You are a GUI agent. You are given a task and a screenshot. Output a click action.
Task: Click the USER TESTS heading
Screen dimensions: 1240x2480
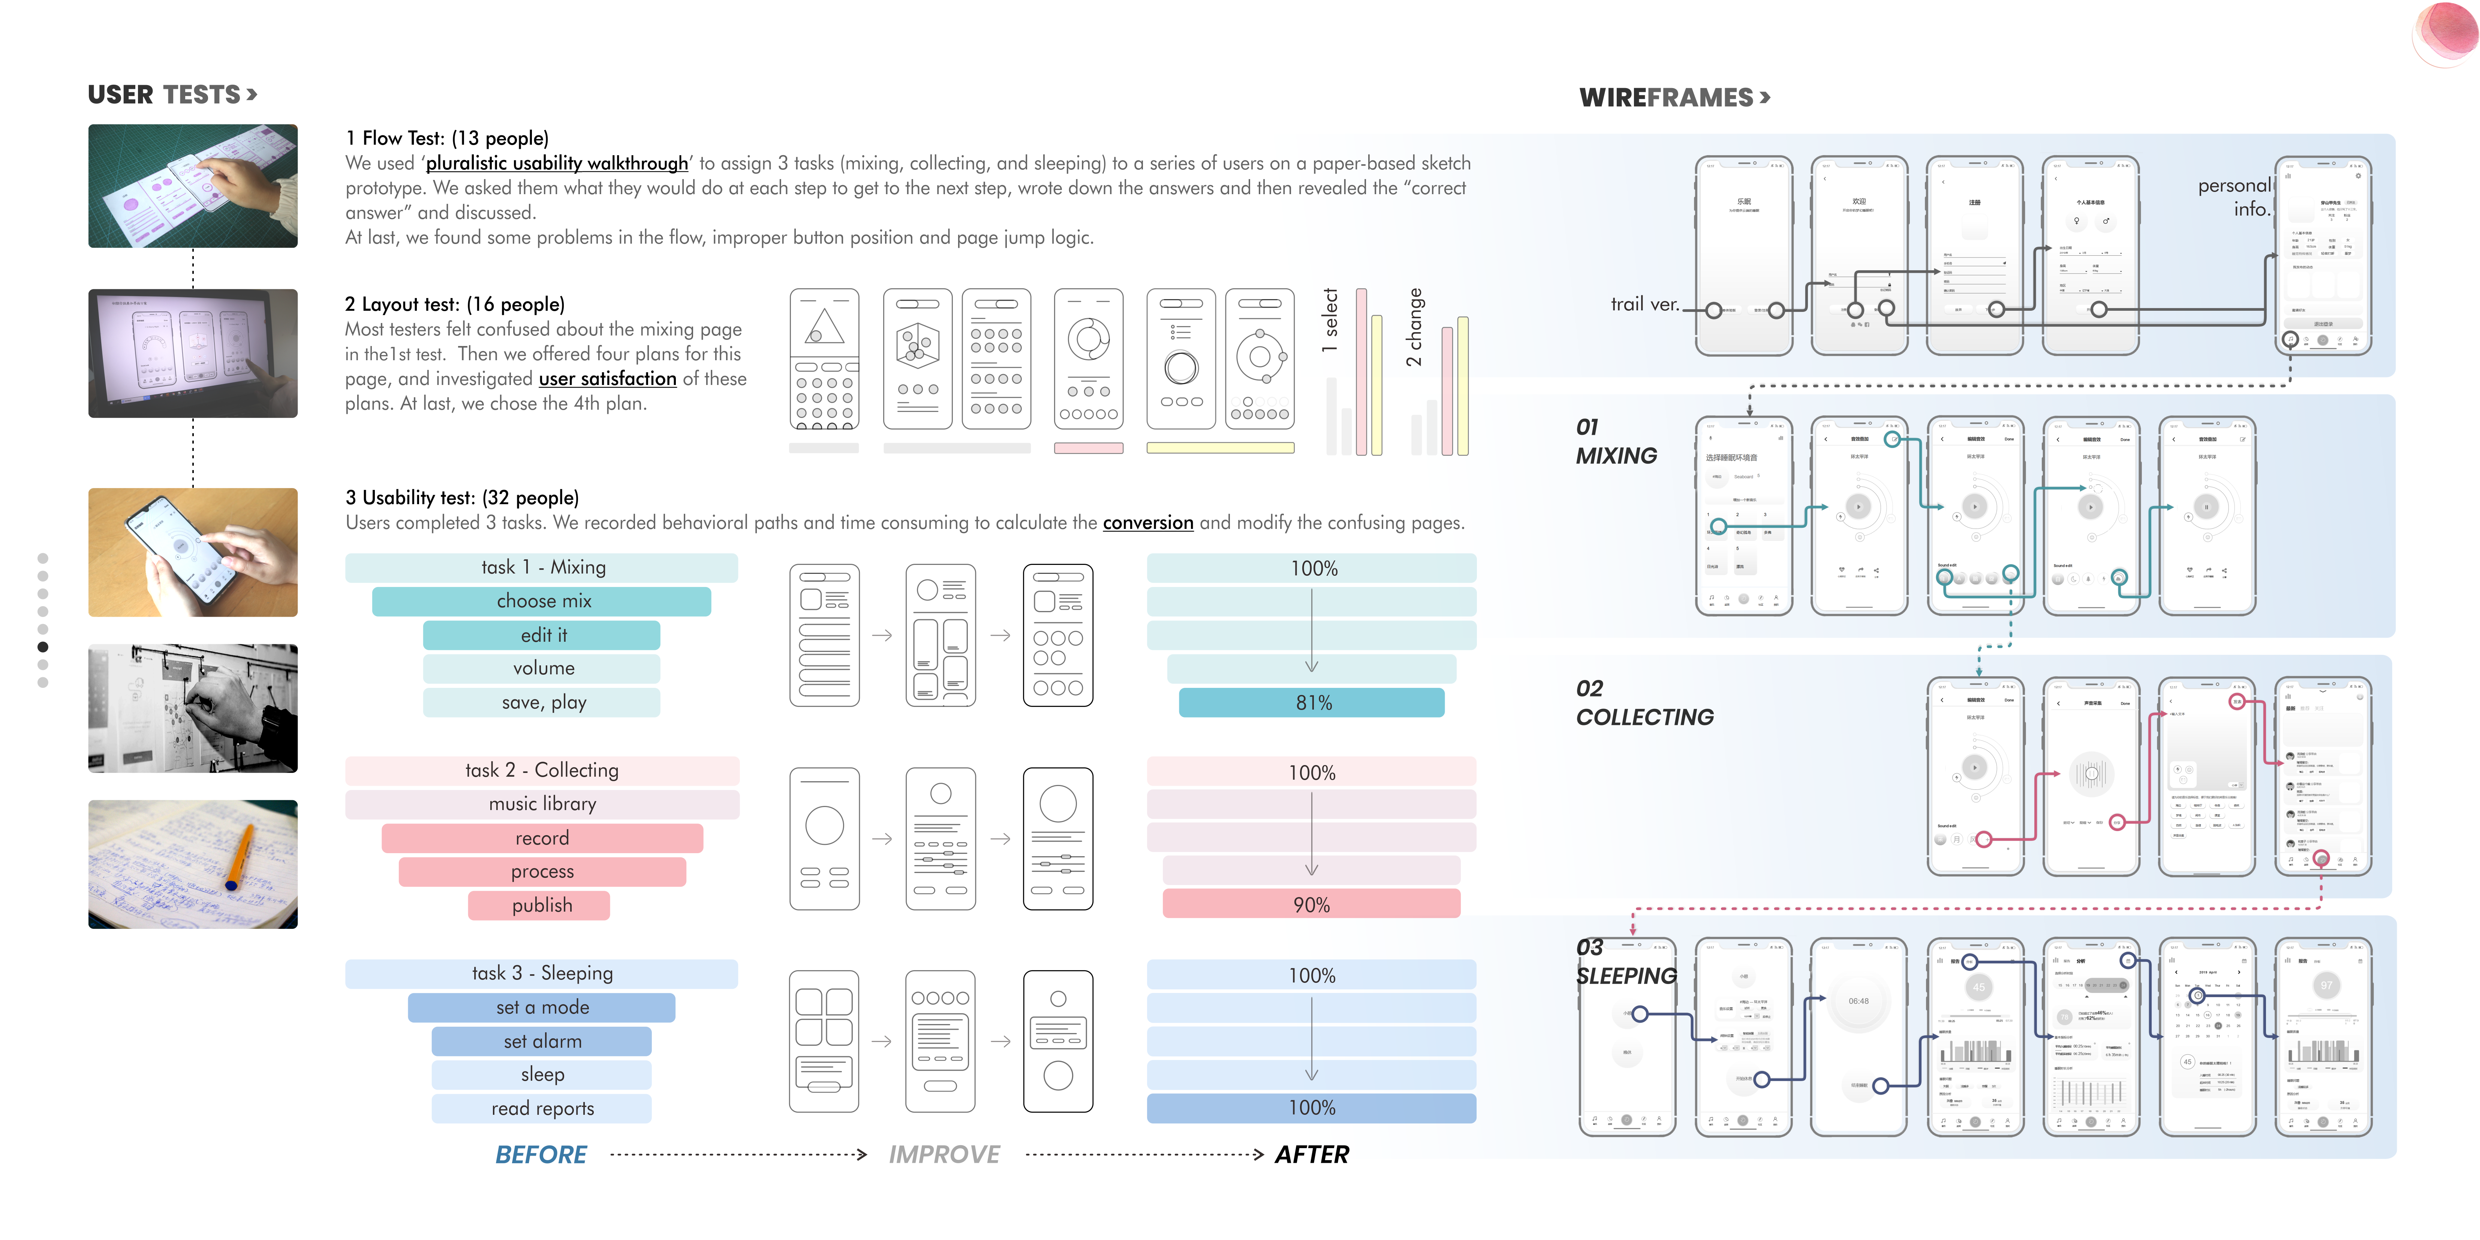[x=171, y=94]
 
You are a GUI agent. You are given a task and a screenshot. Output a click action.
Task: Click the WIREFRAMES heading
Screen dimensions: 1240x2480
[x=1673, y=97]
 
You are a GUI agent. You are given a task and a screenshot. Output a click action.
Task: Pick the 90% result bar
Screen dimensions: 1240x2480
[x=1311, y=905]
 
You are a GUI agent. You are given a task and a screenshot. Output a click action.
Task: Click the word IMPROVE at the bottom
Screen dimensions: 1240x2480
[x=943, y=1154]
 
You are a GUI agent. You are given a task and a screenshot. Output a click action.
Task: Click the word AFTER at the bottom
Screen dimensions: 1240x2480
[x=1311, y=1154]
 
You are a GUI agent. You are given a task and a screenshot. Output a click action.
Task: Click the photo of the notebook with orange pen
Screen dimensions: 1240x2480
[x=193, y=864]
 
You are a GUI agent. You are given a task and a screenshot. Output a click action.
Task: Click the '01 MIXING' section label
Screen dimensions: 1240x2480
[x=1616, y=442]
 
